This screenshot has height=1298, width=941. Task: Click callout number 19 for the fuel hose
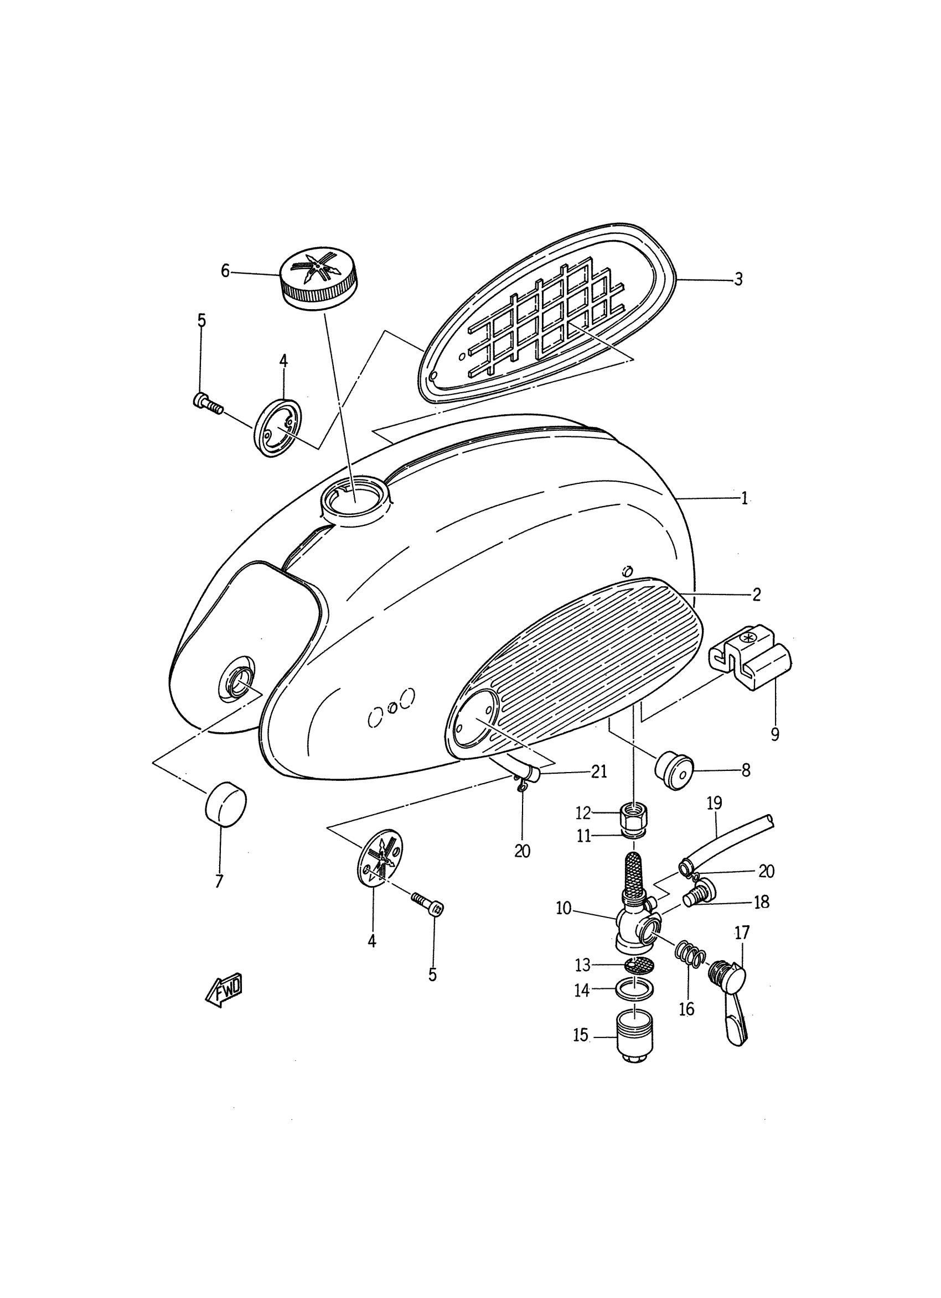714,803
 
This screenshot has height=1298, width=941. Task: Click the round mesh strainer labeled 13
634,966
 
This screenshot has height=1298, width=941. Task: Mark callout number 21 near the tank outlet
599,771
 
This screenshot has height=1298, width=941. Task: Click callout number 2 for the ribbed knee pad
756,595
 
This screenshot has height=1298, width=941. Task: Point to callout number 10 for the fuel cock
563,908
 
